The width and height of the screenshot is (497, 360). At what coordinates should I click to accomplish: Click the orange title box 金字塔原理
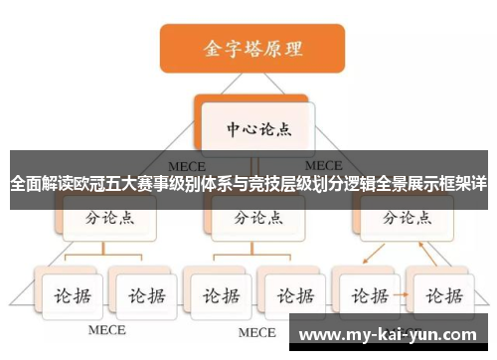point(252,47)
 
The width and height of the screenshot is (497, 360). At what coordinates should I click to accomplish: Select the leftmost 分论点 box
point(109,215)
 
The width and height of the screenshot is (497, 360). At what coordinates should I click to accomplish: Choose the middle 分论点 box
point(255,215)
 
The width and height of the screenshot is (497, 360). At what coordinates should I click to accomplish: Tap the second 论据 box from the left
point(143,295)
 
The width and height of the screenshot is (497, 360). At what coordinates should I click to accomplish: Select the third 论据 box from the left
point(219,295)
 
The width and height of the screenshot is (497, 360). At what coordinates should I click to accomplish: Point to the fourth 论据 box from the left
point(292,295)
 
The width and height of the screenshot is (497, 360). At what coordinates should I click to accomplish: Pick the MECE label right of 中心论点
point(323,165)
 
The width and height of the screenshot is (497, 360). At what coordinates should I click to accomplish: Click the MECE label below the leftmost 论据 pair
point(106,330)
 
